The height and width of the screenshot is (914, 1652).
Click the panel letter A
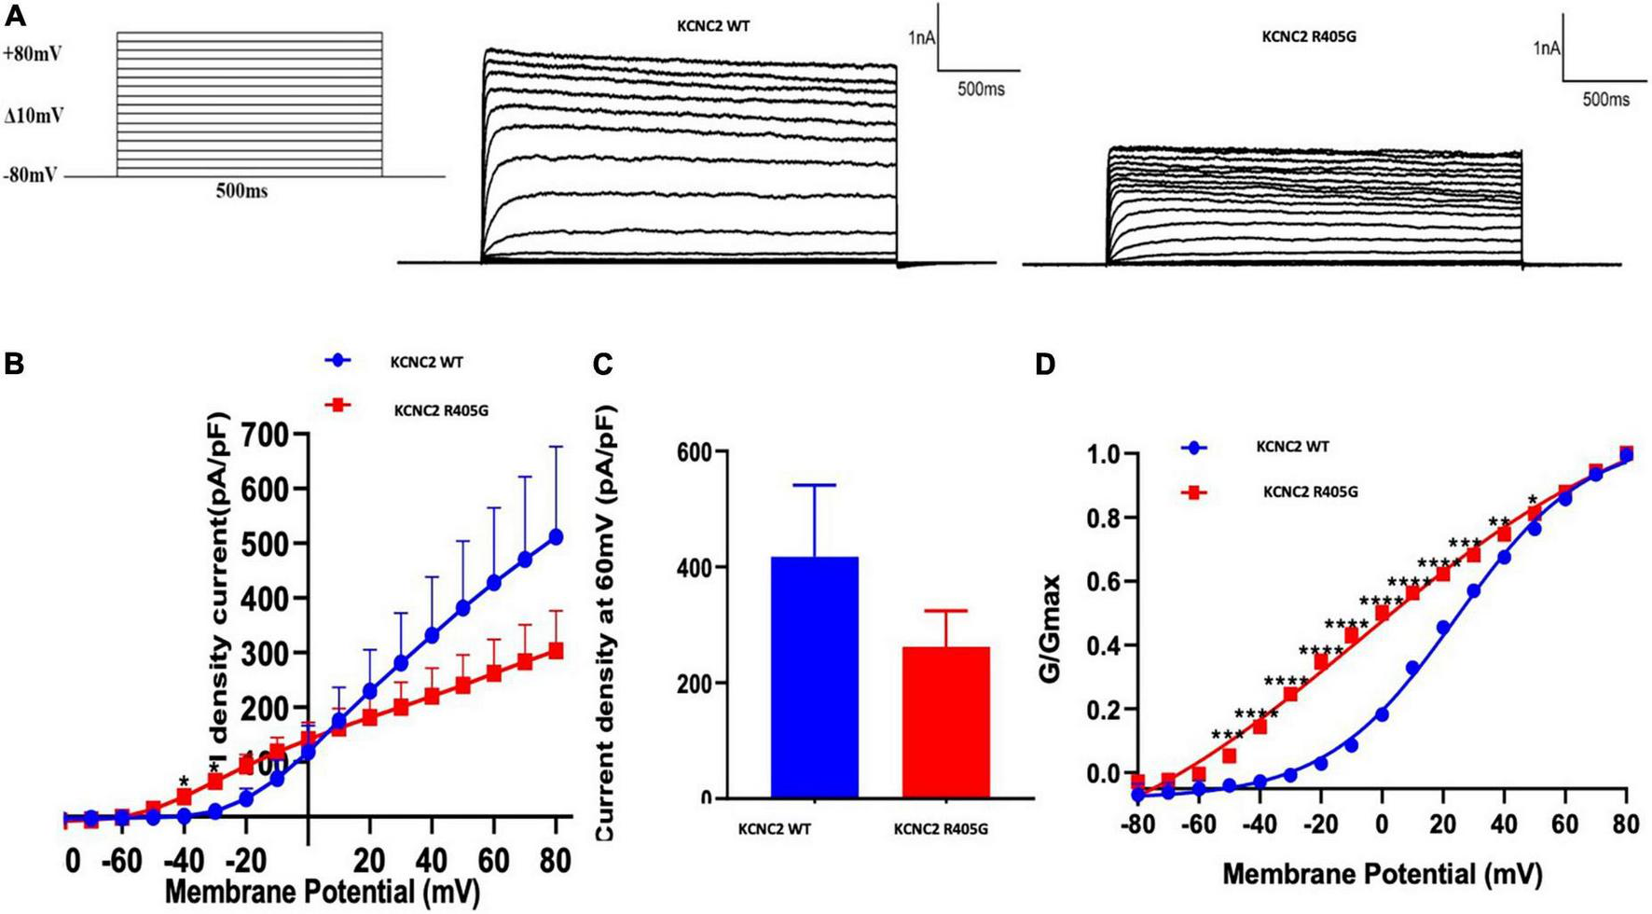[15, 16]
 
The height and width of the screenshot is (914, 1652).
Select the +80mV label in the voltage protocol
[34, 54]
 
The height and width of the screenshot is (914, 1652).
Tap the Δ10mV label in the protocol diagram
[34, 117]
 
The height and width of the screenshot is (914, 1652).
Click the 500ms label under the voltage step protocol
[241, 191]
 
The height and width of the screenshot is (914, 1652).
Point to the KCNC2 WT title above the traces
[712, 27]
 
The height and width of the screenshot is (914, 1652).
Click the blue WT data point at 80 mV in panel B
[556, 536]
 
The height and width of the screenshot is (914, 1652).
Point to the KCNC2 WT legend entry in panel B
[425, 362]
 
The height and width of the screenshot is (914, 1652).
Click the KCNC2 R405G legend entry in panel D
[1309, 492]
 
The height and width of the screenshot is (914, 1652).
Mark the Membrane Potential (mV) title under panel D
[1382, 874]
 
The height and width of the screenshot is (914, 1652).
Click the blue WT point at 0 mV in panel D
[1382, 714]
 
